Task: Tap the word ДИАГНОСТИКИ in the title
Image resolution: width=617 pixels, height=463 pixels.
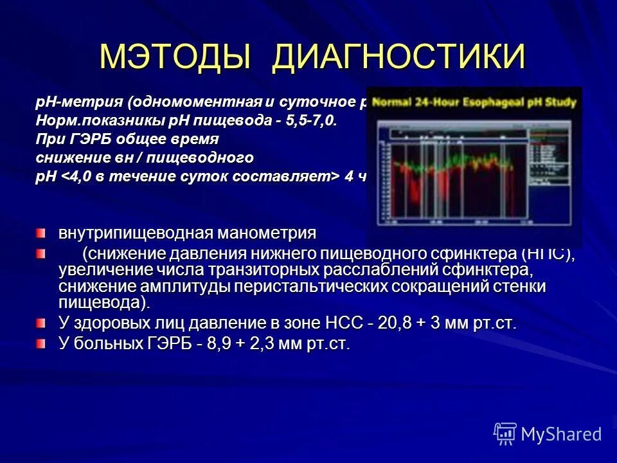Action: (398, 58)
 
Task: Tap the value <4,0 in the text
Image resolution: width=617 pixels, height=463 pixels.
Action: (77, 177)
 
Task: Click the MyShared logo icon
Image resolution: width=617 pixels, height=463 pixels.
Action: (505, 433)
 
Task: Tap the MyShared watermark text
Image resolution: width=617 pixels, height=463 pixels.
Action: (562, 434)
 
